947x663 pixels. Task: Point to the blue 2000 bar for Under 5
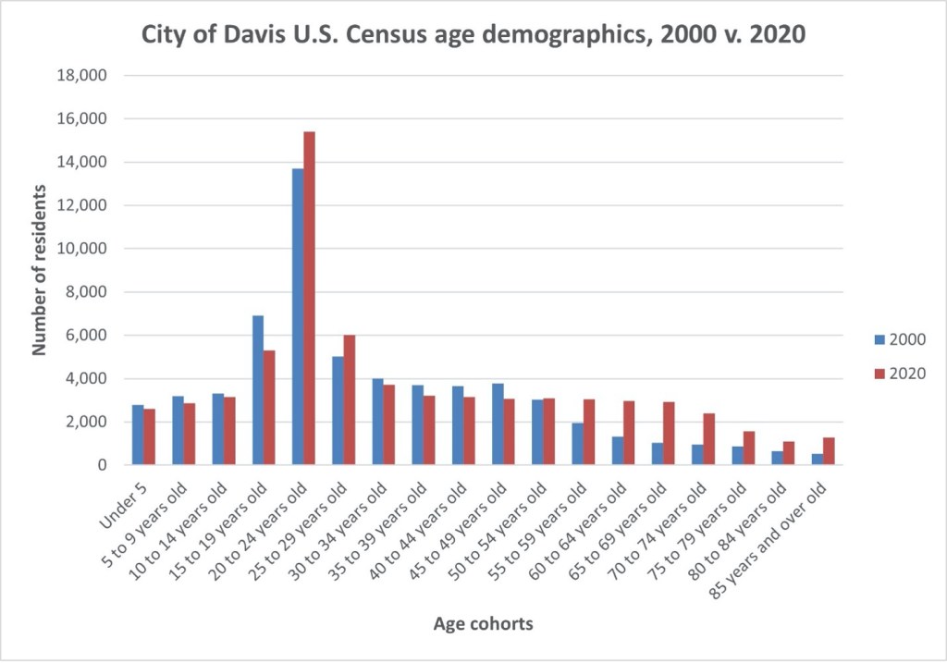pos(138,435)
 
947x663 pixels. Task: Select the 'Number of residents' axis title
pos(40,270)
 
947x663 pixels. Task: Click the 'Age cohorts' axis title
pos(483,624)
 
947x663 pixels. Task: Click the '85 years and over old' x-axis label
pos(772,527)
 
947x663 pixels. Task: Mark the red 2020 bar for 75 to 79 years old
pos(749,448)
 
